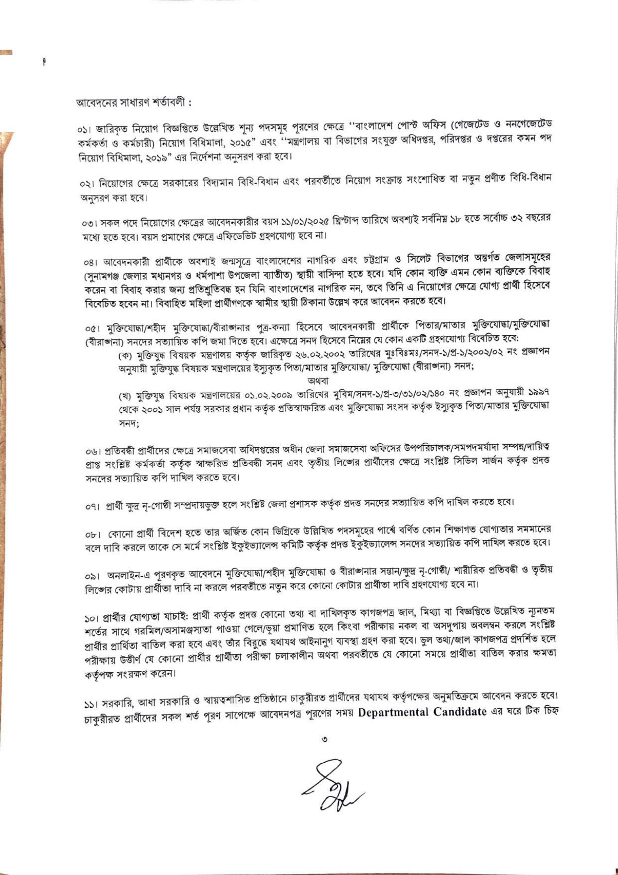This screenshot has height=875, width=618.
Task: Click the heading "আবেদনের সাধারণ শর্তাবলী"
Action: (134, 103)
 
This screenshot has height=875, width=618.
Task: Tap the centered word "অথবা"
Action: (318, 381)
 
